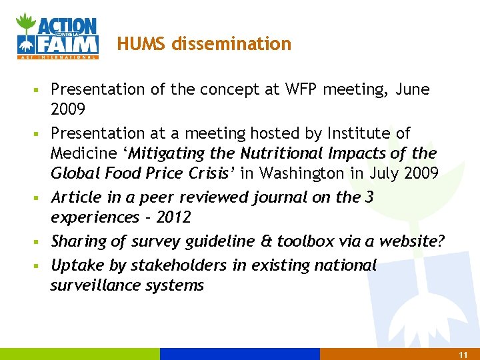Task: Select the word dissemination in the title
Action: (231, 44)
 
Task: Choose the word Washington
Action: (304, 173)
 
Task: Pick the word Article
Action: (73, 197)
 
